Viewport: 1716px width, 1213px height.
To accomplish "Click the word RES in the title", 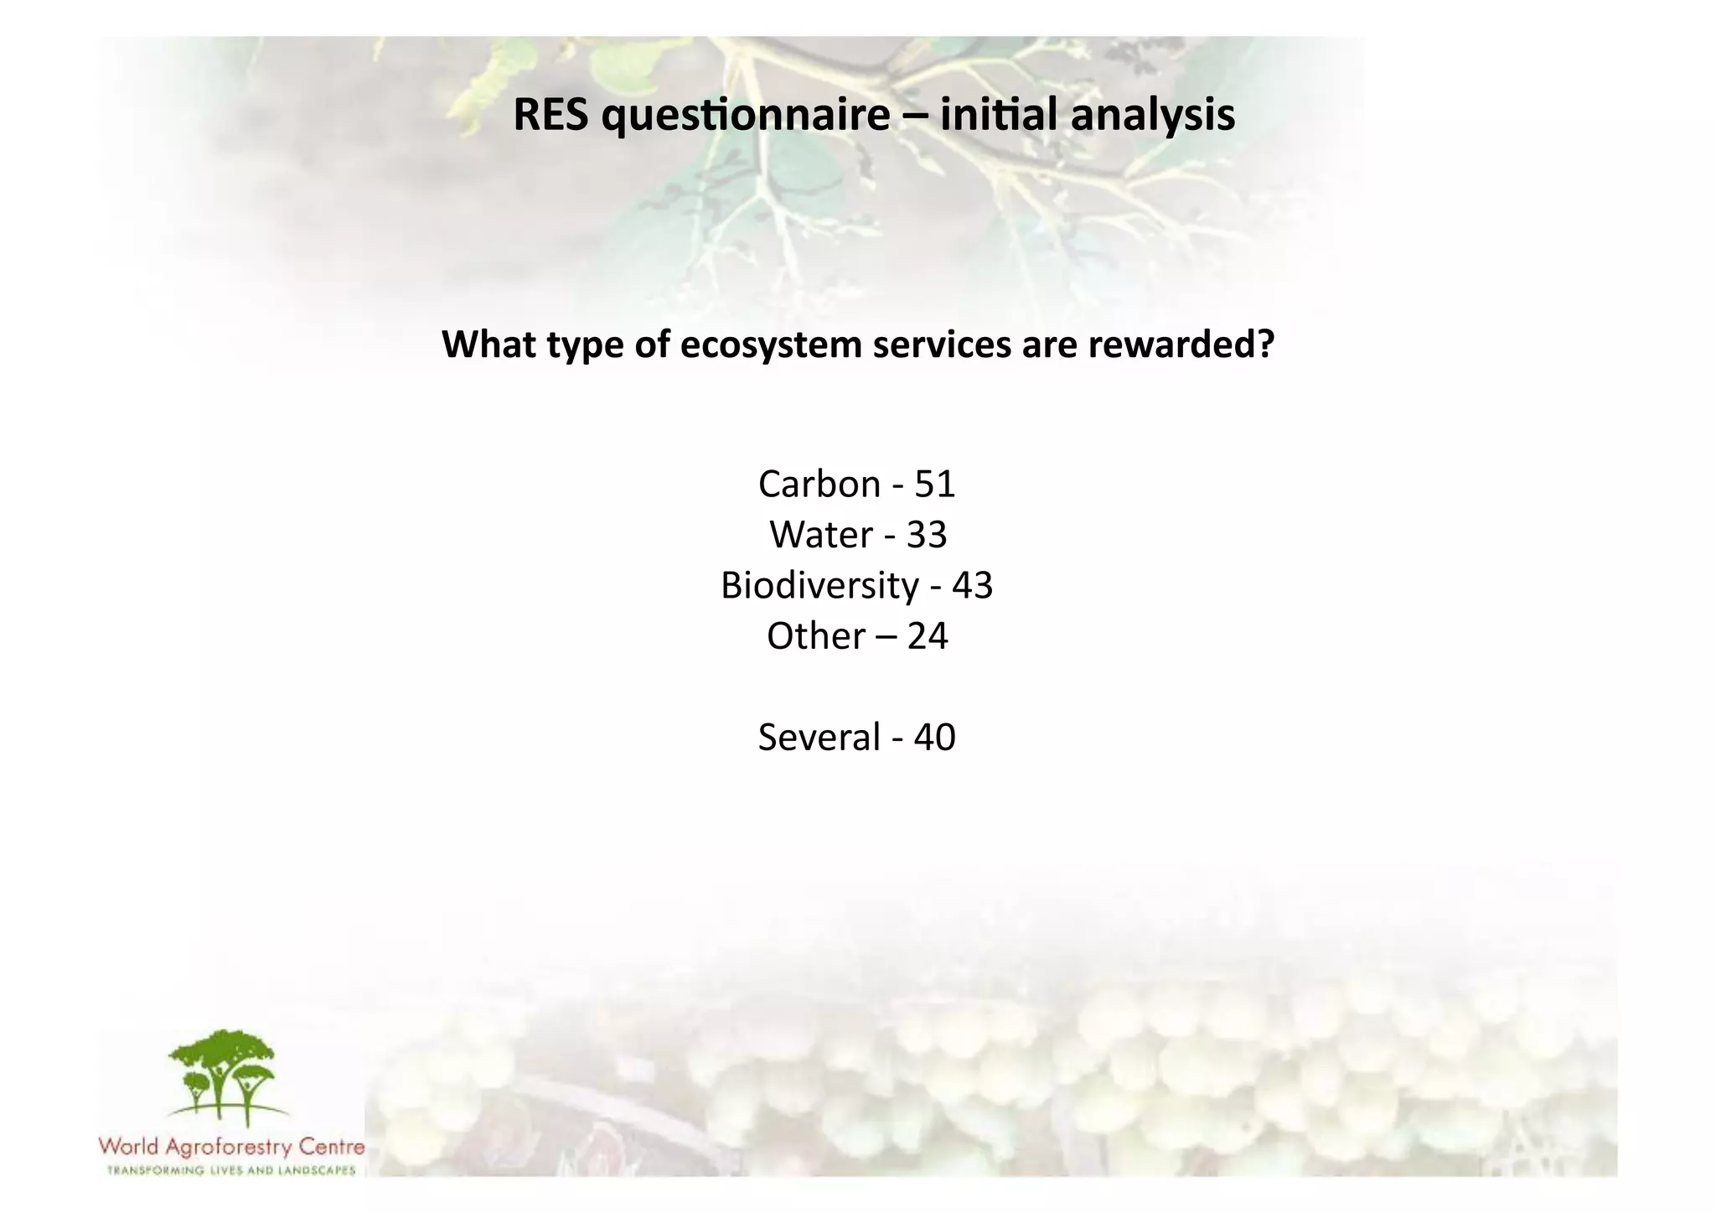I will point(550,115).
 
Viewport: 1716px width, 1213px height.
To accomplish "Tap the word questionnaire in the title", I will point(746,117).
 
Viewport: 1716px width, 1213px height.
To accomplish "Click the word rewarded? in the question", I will point(1181,344).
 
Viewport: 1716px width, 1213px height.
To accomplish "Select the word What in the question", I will point(488,344).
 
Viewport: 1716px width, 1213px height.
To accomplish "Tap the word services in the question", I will point(942,344).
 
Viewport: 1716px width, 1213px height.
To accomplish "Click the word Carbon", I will point(819,485).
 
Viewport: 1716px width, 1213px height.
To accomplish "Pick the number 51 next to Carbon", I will point(935,485).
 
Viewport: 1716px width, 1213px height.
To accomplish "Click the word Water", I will point(821,535).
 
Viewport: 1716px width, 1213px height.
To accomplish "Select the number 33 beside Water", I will point(927,535).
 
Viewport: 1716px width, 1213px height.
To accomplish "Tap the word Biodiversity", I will point(819,586).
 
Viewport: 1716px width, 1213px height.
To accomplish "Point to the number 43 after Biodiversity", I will point(972,585).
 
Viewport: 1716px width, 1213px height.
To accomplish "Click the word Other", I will point(816,636).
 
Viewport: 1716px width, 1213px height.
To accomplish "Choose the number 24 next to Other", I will point(927,636).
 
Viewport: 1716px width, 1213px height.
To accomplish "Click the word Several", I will point(819,738).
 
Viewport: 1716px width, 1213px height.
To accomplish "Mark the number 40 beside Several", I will point(934,738).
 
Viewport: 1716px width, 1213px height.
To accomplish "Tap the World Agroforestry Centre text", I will point(231,1147).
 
